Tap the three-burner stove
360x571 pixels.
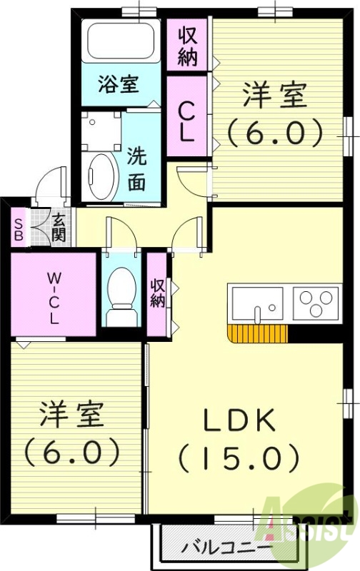(x=314, y=303)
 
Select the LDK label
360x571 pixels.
(x=240, y=421)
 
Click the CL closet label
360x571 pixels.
(x=186, y=121)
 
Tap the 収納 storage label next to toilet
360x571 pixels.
(x=157, y=293)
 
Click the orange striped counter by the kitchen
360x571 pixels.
(x=258, y=333)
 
